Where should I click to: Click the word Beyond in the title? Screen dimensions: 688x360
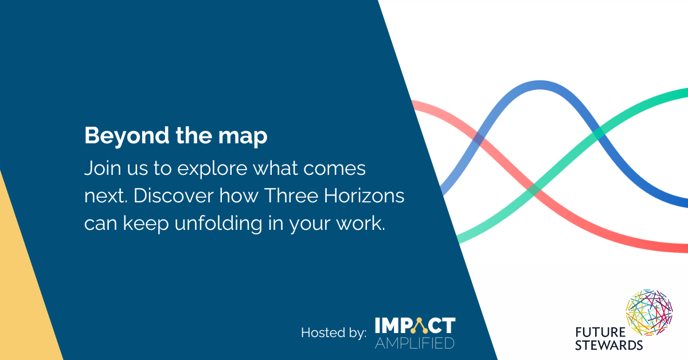click(127, 135)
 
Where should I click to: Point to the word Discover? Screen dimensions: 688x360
click(174, 195)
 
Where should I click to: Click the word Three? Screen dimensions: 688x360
click(291, 195)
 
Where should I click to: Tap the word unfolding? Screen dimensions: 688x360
click(218, 224)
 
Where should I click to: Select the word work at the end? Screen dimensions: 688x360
click(361, 224)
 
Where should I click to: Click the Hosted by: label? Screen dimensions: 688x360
click(334, 333)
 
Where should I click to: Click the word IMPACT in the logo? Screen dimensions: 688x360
click(415, 326)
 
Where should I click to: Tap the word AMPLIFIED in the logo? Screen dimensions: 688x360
click(415, 343)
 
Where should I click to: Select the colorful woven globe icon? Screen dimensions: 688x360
click(649, 312)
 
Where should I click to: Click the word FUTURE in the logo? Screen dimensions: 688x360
click(600, 332)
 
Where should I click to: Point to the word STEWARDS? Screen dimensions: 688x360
click(609, 345)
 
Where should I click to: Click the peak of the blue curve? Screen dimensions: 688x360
click(540, 85)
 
